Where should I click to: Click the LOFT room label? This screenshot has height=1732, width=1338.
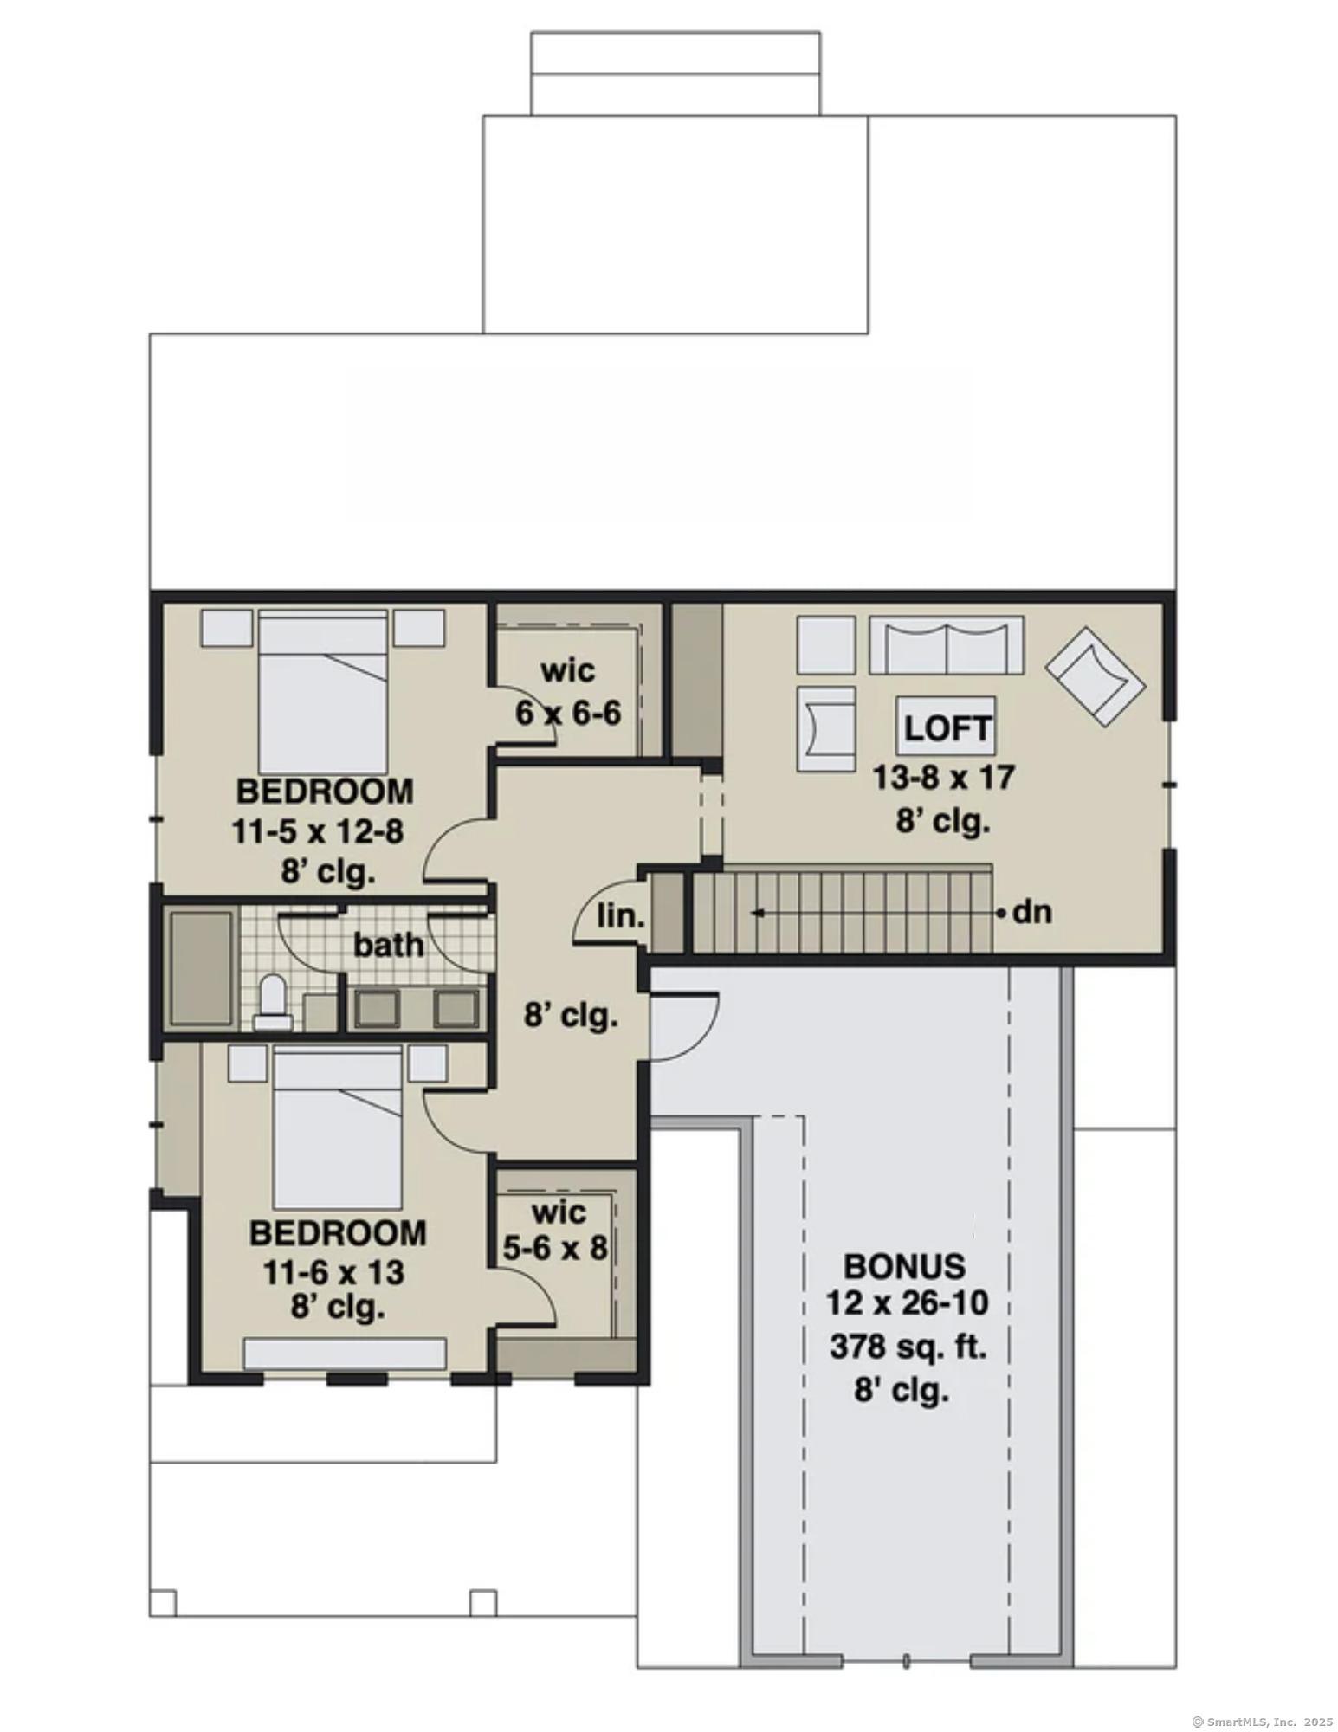(946, 728)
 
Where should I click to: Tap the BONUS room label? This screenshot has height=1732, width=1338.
(904, 1266)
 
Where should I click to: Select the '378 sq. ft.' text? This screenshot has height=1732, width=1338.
(908, 1347)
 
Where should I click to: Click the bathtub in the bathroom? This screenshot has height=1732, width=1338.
(201, 966)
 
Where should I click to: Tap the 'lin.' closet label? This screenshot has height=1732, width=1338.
(620, 916)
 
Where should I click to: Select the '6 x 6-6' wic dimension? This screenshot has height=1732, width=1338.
(568, 714)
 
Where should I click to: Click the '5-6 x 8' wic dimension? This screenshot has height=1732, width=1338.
(555, 1249)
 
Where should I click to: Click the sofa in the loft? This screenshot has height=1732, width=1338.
(946, 644)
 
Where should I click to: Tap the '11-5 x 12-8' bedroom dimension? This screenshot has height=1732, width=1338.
(317, 832)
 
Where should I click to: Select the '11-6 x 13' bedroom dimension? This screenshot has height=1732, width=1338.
(334, 1273)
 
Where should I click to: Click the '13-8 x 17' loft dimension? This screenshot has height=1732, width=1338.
(942, 777)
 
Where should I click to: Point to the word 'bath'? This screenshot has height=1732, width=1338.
(388, 945)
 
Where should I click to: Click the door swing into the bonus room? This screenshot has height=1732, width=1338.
(684, 1027)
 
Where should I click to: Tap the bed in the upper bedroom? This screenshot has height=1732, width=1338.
(322, 691)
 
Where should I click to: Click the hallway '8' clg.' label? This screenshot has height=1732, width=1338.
(571, 1015)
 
